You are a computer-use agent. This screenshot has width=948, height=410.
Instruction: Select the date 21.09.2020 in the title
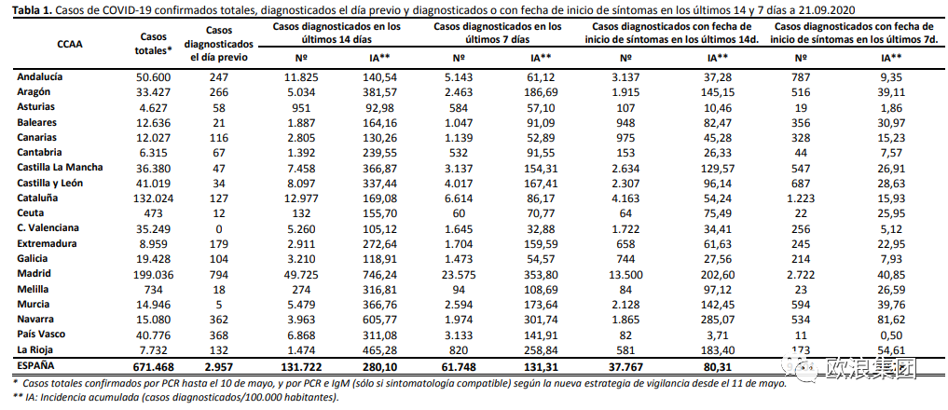824,8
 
